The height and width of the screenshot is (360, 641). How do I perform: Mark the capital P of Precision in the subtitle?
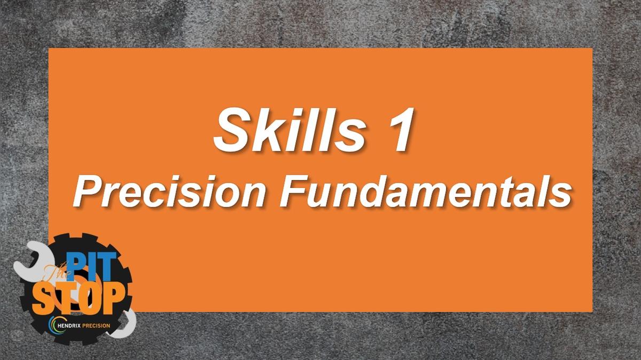click(86, 193)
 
